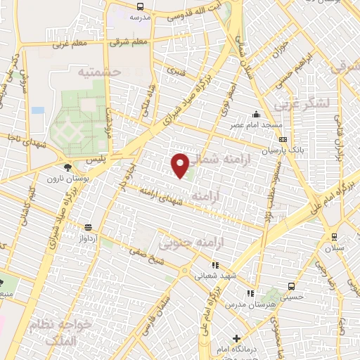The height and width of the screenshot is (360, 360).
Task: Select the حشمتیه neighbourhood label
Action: click(x=100, y=72)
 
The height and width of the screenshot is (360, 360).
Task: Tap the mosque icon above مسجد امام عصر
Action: click(x=257, y=115)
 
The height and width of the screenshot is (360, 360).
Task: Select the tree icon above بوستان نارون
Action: click(x=67, y=167)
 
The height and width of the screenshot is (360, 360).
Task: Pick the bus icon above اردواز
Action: click(x=87, y=227)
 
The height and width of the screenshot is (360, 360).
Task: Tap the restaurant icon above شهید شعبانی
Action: click(x=215, y=266)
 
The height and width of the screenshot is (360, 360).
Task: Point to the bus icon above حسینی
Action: click(x=291, y=286)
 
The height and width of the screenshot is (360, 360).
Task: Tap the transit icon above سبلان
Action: click(x=333, y=236)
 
